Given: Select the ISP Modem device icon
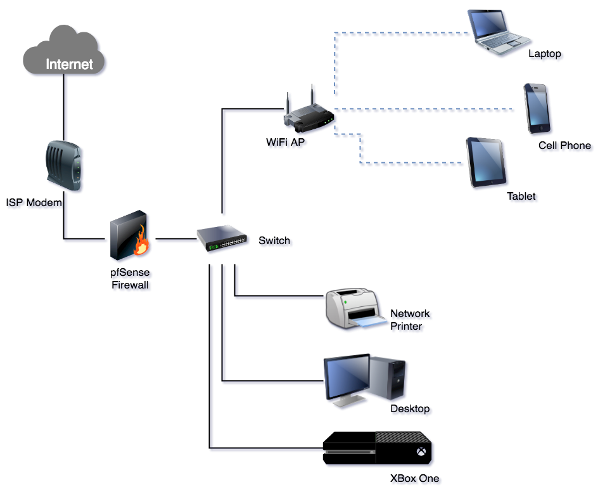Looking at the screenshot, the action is tap(63, 166).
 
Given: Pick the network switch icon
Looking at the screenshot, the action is tap(222, 238).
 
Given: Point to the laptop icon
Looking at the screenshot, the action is tap(498, 32).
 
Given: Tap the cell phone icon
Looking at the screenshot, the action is tap(537, 108).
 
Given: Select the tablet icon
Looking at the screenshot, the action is tap(486, 162).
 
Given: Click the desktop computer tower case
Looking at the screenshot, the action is tap(387, 378).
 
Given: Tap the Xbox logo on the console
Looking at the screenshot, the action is tap(421, 451).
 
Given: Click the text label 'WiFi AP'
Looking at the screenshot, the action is tap(286, 142).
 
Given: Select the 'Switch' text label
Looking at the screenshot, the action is tap(274, 240).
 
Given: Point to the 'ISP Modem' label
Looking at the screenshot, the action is tap(34, 202).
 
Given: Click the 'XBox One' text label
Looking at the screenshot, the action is tap(415, 479).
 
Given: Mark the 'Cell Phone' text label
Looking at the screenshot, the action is tap(565, 146).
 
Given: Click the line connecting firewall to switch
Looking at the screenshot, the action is tap(176, 239).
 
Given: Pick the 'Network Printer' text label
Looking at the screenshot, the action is tap(410, 320).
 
